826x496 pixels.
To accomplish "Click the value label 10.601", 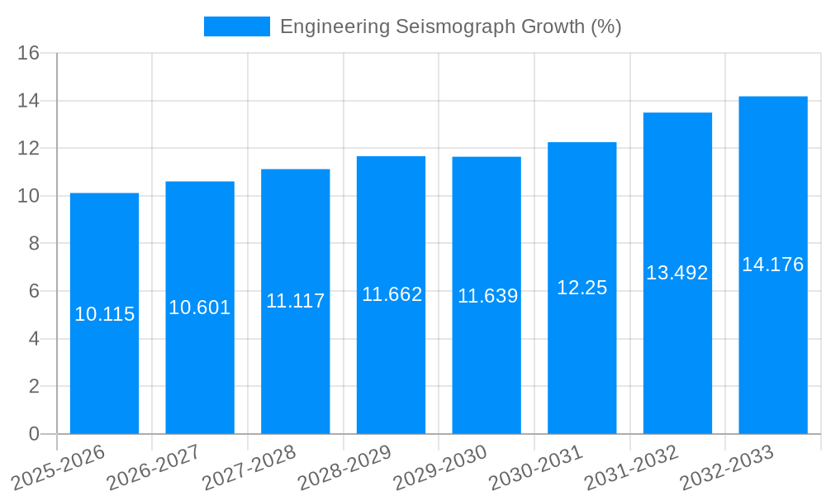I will coord(200,308).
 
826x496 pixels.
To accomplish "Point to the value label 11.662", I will coord(392,294).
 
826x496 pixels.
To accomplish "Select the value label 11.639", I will coord(487,296).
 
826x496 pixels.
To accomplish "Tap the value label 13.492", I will coord(676,273).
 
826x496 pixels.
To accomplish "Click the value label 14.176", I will coord(772,265).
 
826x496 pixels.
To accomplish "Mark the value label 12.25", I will coord(582,288).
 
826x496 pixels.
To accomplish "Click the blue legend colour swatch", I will coord(236,26).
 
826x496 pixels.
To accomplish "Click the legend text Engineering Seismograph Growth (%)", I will coord(450,26).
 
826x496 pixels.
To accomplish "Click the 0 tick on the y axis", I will coord(34,434).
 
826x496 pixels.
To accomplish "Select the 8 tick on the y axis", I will coord(34,244).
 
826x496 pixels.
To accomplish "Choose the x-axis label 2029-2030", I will coord(440,467).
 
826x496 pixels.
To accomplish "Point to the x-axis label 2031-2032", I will coord(631,467).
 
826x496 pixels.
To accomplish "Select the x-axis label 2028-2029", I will coord(344,467).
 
